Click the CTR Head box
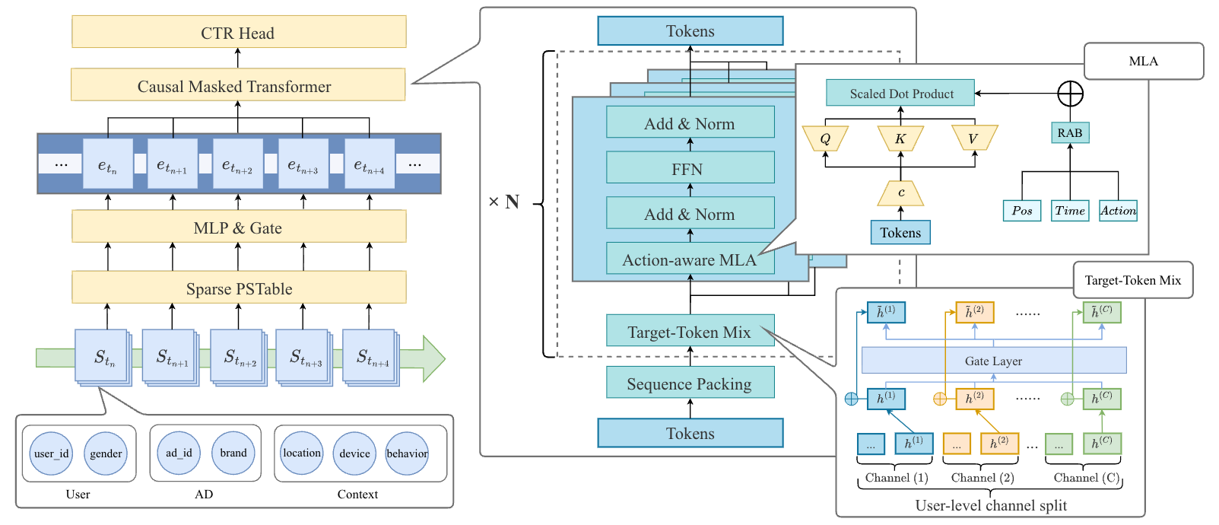(x=238, y=33)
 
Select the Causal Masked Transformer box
(x=237, y=86)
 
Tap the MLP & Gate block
(x=238, y=228)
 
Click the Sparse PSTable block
(x=238, y=288)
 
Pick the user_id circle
(x=51, y=453)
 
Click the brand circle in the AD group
(x=233, y=453)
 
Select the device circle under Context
(x=354, y=453)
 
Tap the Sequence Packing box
(x=690, y=383)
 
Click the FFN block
(x=690, y=168)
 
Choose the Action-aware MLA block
(x=690, y=259)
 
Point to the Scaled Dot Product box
(x=900, y=94)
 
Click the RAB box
(x=1069, y=133)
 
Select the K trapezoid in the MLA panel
(x=900, y=138)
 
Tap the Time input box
(x=1070, y=211)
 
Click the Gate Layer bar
(x=993, y=361)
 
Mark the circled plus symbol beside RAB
(x=1070, y=94)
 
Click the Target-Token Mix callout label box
(x=1132, y=280)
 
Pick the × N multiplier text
(x=504, y=202)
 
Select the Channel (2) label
(x=983, y=478)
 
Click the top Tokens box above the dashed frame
(x=690, y=31)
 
